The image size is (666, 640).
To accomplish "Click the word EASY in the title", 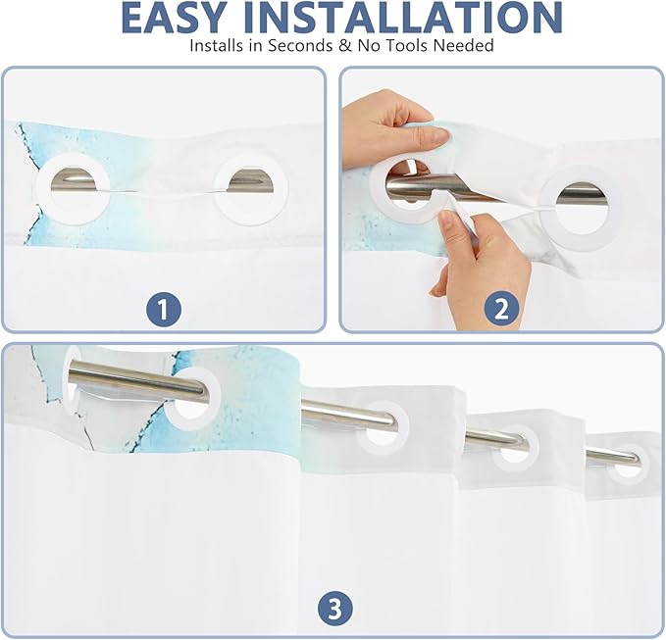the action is (x=173, y=17).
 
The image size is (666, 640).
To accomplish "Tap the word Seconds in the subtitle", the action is (x=300, y=45).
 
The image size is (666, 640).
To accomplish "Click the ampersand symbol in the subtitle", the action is (x=345, y=45).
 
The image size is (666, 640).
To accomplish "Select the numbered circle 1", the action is (x=164, y=310).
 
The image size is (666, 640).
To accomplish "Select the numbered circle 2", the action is (x=501, y=309).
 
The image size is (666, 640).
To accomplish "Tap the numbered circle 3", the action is (x=335, y=610).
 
